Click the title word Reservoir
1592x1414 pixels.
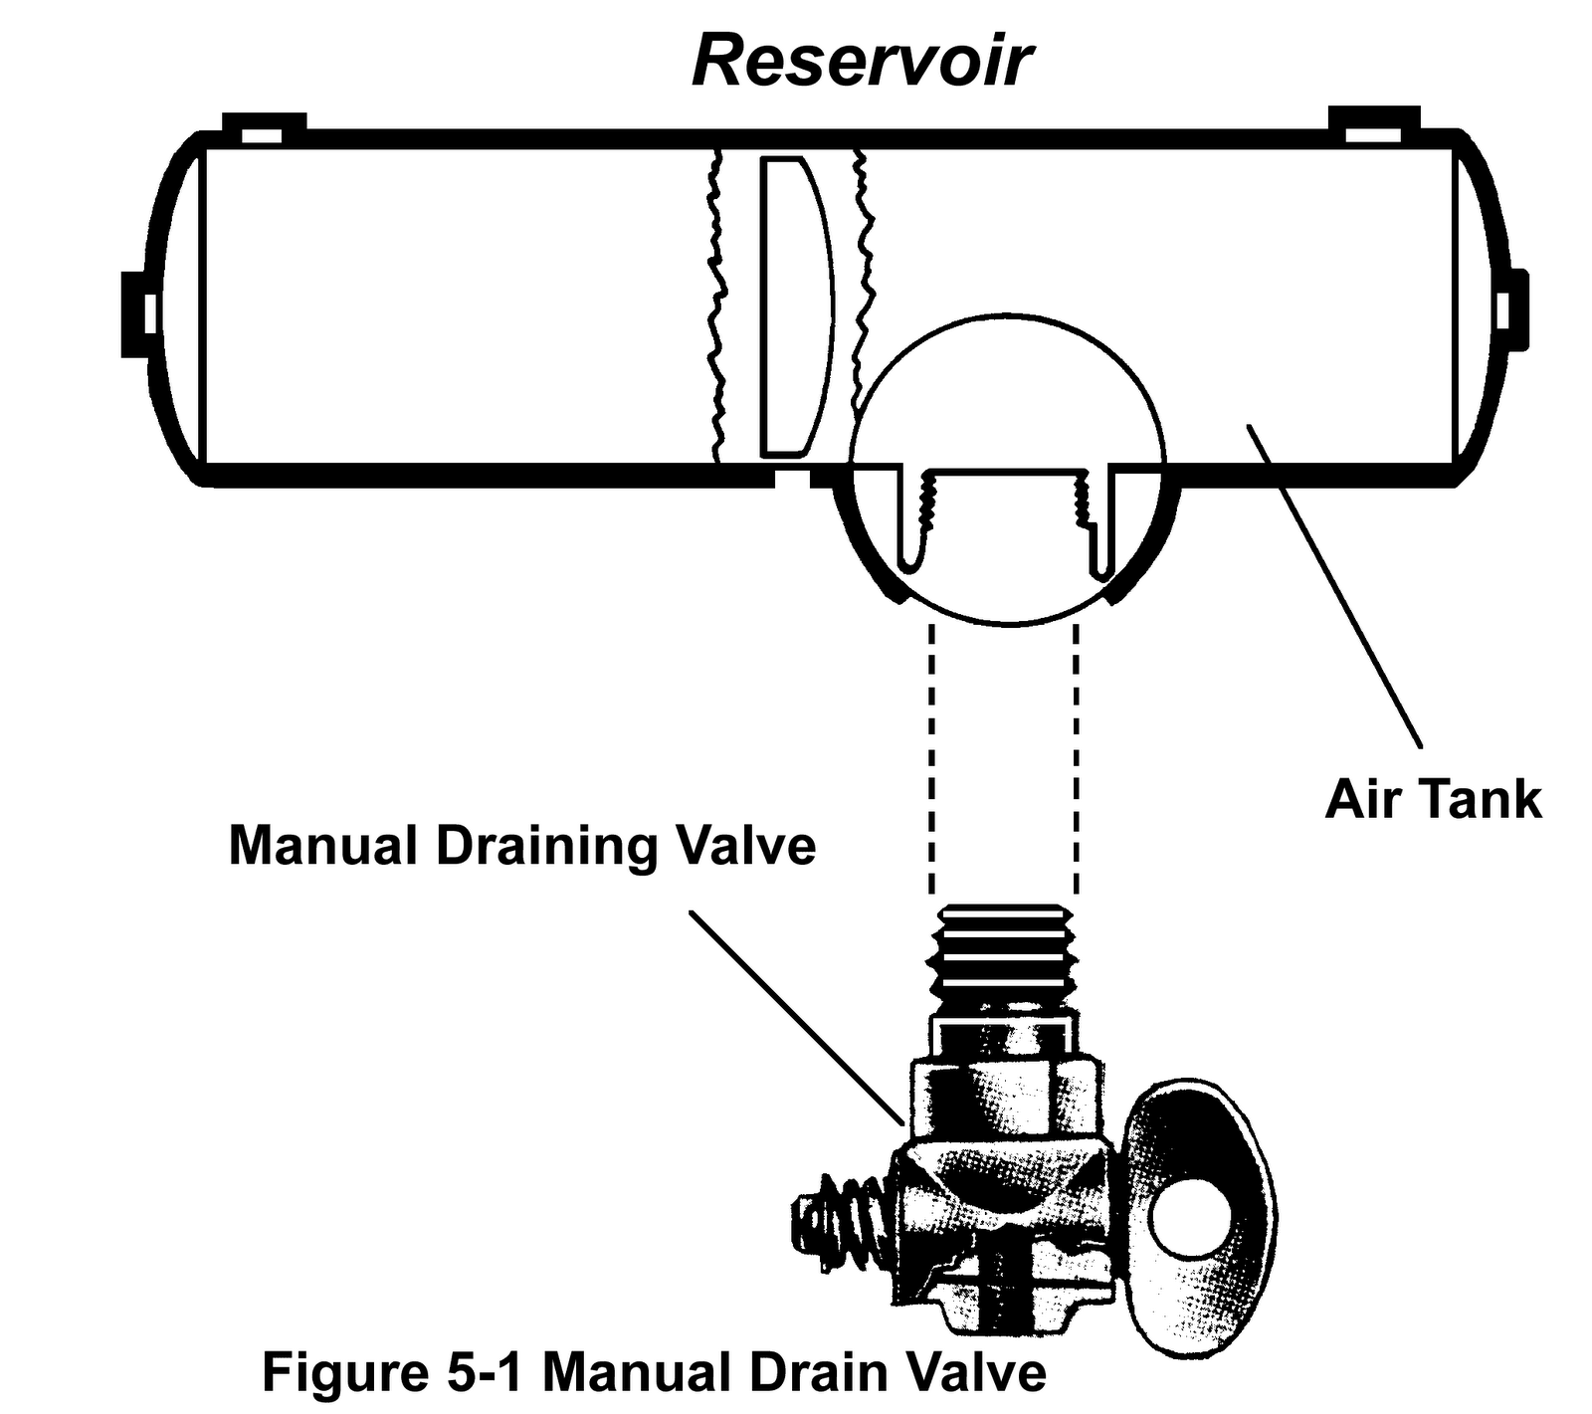pos(862,63)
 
